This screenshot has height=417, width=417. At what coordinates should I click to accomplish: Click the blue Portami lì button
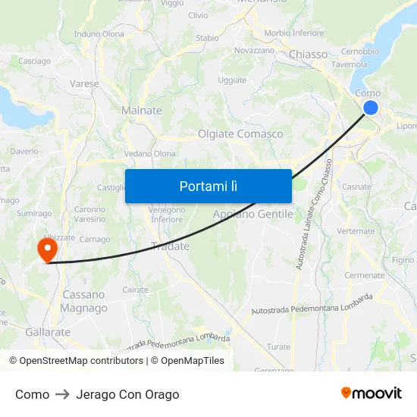pos(208,186)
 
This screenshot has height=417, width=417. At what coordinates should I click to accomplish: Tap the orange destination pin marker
pos(47,249)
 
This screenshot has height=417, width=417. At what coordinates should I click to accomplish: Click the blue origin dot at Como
pos(371,108)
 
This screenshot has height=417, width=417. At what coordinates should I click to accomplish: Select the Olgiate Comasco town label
pos(240,134)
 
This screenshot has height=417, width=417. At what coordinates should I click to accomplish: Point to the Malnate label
pos(142,111)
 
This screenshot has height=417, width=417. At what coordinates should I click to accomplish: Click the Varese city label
pos(84,83)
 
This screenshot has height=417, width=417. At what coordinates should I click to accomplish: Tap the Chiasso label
pos(309,55)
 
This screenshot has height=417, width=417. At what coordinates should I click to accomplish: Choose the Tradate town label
pos(170,246)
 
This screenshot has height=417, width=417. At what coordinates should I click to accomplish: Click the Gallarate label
pos(48,332)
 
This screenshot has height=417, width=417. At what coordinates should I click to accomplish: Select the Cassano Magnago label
pos(84,301)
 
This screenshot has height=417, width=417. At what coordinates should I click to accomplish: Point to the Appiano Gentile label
pos(252,215)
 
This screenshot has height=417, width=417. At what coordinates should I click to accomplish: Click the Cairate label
pos(136,290)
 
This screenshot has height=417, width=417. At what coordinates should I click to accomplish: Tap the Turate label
pos(278,346)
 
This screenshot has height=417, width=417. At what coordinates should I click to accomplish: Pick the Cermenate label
pos(364,275)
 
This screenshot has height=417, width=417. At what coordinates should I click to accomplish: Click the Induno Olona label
pos(99,34)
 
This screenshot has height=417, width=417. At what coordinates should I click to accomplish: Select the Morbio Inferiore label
pos(294,33)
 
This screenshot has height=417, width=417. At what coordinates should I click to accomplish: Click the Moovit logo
pos(372,393)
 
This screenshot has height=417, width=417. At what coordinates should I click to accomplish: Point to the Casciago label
pos(34,61)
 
